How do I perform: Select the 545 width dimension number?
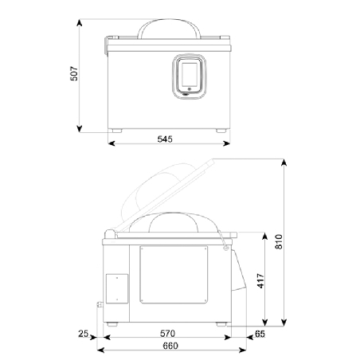(x=165, y=139)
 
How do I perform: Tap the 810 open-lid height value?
(x=279, y=241)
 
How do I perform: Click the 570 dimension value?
(x=166, y=333)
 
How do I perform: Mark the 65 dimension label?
(x=260, y=333)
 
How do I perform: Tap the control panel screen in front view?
(x=190, y=76)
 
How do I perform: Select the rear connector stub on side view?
(x=99, y=304)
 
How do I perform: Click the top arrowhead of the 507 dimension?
(x=82, y=21)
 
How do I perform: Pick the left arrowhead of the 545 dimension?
(x=110, y=145)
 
